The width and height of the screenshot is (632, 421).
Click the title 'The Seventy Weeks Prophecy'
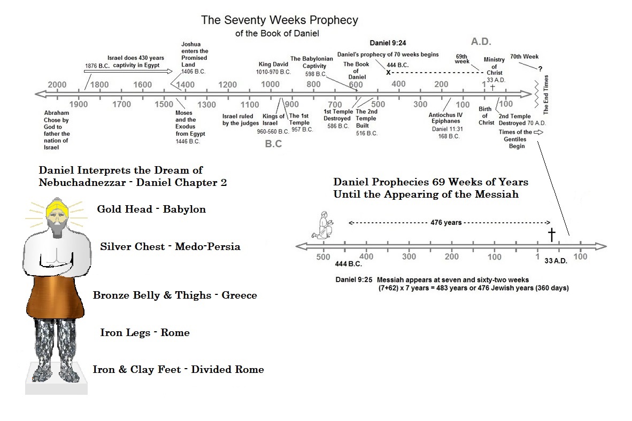279,20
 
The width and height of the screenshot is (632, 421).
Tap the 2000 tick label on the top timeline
57,84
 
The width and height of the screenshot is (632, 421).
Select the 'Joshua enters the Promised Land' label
194,54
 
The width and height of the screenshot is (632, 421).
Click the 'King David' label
273,64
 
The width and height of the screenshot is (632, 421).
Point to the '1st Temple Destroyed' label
338,115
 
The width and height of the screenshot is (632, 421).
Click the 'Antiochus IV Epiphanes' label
445,118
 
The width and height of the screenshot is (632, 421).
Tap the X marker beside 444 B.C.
388,73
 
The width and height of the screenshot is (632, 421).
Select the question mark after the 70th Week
540,69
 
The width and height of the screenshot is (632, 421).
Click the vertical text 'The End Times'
546,94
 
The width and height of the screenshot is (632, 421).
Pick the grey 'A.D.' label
481,42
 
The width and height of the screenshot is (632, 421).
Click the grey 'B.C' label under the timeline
273,144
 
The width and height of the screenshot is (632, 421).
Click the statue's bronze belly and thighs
56,298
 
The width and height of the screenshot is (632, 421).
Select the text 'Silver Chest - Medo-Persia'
170,246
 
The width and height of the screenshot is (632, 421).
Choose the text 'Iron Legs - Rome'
145,332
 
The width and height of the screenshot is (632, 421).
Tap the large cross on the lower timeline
551,235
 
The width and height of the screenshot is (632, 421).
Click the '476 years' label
446,222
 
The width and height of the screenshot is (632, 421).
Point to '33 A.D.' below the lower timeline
556,261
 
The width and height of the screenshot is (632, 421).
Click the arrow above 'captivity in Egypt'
128,71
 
